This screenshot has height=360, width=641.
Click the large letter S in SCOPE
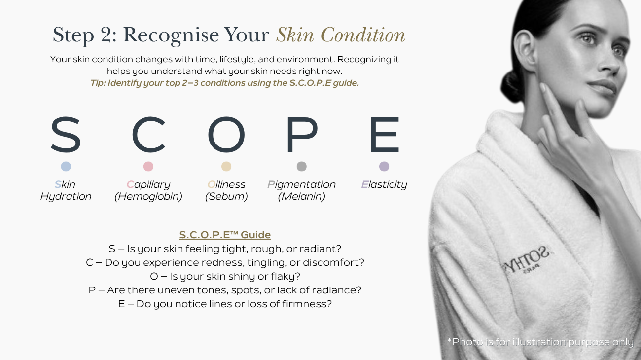[x=66, y=135]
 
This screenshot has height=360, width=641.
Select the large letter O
[x=226, y=135]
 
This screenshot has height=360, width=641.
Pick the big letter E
[x=385, y=135]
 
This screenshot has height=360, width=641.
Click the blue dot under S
[x=66, y=166]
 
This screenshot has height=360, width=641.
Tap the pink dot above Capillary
[x=148, y=166]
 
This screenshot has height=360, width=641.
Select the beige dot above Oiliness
[x=226, y=166]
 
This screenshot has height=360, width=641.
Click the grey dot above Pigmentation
[x=302, y=166]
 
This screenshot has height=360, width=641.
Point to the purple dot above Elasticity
[x=384, y=166]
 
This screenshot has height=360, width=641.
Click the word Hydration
[x=66, y=197]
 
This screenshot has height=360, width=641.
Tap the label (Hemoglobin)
[x=148, y=197]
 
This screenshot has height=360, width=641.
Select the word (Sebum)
[x=226, y=197]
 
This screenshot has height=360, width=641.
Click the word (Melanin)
[x=302, y=197]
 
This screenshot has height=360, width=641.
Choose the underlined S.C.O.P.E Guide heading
[x=225, y=235]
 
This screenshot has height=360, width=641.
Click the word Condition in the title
[x=363, y=35]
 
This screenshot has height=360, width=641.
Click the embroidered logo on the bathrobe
[x=527, y=261]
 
